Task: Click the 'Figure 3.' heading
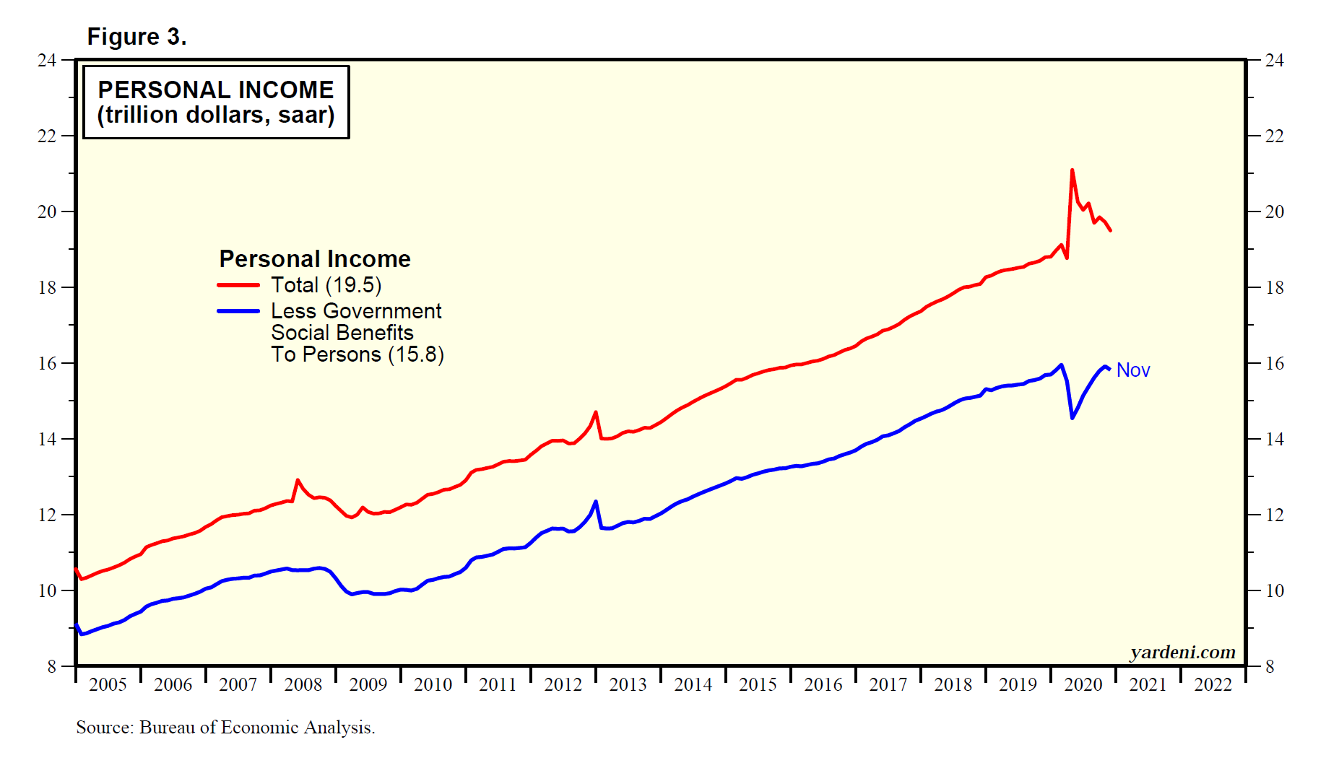pos(136,37)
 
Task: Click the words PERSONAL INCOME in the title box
pos(216,90)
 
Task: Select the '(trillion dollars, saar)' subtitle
pos(216,115)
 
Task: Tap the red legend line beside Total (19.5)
pos(238,285)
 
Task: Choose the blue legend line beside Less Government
pos(238,311)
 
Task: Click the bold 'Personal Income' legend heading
pos(315,259)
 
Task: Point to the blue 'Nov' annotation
pos(1132,370)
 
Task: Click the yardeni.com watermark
pos(1182,653)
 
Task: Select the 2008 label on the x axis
pos(303,684)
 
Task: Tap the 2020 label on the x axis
pos(1083,684)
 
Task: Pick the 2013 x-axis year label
pos(628,684)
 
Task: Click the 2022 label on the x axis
pos(1213,684)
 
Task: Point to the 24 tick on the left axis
pos(47,60)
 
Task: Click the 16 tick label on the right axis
pos(1275,363)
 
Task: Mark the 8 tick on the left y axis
pos(51,666)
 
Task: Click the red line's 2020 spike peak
pos(1072,170)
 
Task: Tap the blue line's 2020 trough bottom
pos(1072,418)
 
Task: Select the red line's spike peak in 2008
pos(298,480)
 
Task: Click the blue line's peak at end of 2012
pos(596,501)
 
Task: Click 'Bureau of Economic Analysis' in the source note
pos(256,728)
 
